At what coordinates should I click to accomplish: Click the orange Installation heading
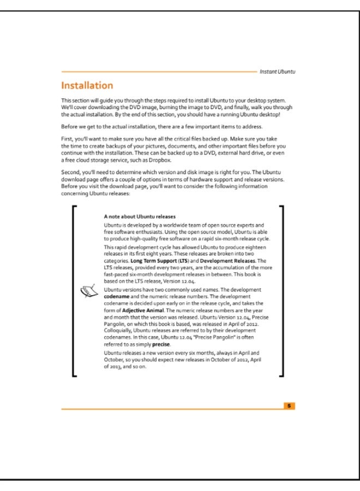tap(87, 86)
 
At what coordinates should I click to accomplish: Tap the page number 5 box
tap(290, 405)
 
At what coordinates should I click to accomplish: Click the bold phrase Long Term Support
tap(153, 261)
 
